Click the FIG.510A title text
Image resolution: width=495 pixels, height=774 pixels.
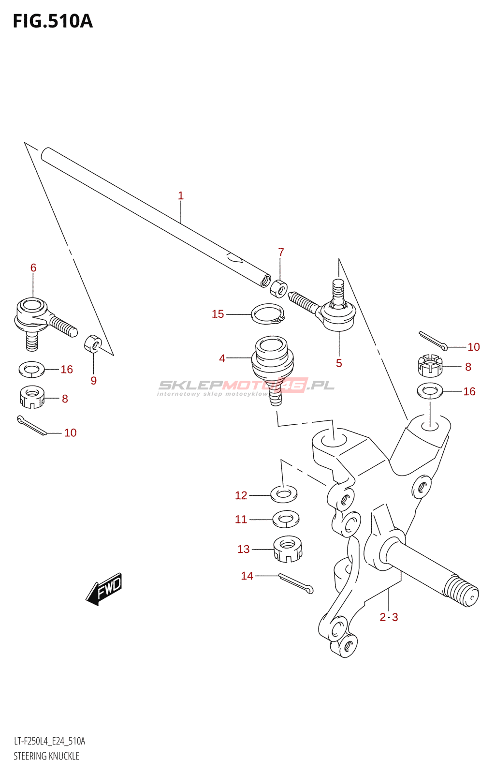pyautogui.click(x=53, y=21)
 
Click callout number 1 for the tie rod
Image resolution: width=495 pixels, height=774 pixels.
pyautogui.click(x=181, y=196)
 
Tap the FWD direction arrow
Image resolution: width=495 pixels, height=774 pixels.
pyautogui.click(x=104, y=589)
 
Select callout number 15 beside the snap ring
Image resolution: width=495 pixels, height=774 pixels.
pyautogui.click(x=218, y=314)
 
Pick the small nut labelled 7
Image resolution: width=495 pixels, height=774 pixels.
pyautogui.click(x=279, y=289)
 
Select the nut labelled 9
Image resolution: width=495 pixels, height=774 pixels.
pyautogui.click(x=93, y=343)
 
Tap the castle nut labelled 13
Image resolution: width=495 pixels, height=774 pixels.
pyautogui.click(x=288, y=549)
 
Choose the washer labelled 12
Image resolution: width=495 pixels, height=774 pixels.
pyautogui.click(x=284, y=494)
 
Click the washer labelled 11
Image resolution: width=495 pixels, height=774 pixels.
pyautogui.click(x=286, y=519)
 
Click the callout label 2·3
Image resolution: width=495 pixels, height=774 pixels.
pyautogui.click(x=389, y=617)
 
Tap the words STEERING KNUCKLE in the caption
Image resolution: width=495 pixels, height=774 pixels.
pyautogui.click(x=46, y=756)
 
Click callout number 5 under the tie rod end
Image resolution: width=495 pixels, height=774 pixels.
pyautogui.click(x=339, y=363)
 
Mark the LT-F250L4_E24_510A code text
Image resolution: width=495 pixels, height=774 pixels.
pyautogui.click(x=49, y=741)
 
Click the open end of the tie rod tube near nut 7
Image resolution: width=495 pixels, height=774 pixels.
pyautogui.click(x=265, y=281)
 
